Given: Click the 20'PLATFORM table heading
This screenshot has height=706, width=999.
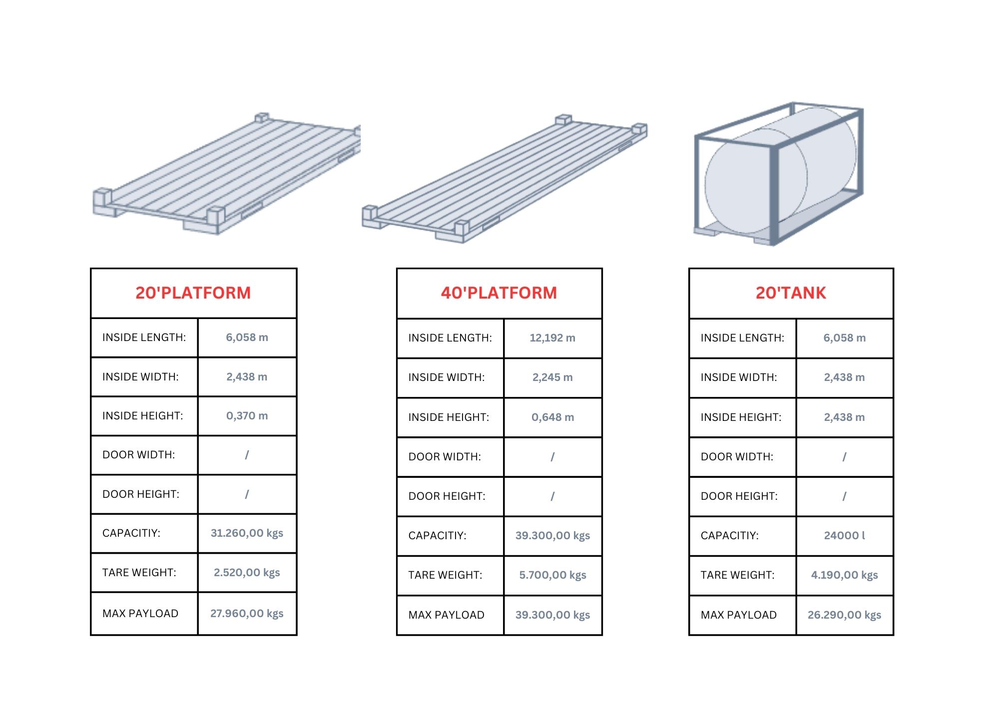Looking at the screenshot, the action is (x=193, y=293).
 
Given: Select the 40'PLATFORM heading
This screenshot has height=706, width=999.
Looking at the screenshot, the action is (x=499, y=293).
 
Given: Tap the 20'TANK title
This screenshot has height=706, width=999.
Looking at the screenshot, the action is (x=791, y=293).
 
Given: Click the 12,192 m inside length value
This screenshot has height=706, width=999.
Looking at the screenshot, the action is (x=552, y=338).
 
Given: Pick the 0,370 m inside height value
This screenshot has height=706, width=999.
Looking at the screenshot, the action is (x=247, y=416).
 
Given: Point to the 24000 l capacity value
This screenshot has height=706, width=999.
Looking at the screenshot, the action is (x=844, y=536).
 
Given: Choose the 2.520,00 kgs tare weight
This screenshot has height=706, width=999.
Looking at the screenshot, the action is (x=247, y=573).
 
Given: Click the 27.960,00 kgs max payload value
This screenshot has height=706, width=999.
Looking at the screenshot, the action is (x=247, y=614).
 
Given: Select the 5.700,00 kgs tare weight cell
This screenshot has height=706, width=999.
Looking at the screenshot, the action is (x=552, y=575).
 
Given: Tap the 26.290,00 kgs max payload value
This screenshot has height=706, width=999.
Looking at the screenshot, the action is (x=844, y=615).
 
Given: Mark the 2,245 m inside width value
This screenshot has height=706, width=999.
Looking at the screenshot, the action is (x=552, y=377).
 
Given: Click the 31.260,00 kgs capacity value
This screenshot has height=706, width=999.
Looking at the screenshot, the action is (x=247, y=533).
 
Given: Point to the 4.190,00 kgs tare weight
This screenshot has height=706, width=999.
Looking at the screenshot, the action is (x=844, y=575).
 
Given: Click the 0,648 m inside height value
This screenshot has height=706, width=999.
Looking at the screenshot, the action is (x=552, y=417).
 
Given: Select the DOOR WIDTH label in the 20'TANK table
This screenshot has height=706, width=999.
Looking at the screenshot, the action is (x=737, y=457).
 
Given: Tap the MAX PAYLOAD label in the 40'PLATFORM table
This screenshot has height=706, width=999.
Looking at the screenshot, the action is (x=446, y=615).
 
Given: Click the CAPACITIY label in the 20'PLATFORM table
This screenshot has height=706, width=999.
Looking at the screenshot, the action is (x=131, y=533).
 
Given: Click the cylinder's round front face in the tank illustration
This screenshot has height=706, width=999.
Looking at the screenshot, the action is (x=756, y=181).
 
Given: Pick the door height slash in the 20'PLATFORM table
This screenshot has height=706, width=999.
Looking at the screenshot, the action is (x=247, y=494).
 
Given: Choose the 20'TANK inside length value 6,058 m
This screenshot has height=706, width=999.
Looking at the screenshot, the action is (x=844, y=338).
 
